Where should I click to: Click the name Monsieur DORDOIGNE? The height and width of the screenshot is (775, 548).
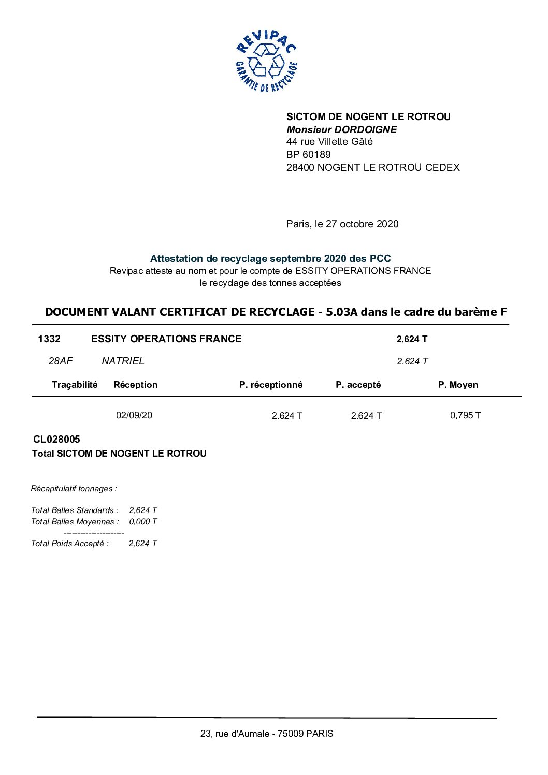(x=341, y=129)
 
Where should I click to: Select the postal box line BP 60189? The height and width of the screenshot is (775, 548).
(x=308, y=154)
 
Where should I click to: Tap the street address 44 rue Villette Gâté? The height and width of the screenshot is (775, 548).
(x=329, y=142)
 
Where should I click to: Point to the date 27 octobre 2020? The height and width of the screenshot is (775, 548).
(x=362, y=224)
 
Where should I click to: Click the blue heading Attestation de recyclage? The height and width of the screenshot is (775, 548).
(x=270, y=258)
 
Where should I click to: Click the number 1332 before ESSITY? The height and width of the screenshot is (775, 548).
(x=49, y=339)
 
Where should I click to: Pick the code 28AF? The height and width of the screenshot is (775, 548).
(x=61, y=361)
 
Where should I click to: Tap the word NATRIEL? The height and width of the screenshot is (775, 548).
(x=123, y=361)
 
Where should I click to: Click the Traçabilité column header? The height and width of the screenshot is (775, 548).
(x=75, y=384)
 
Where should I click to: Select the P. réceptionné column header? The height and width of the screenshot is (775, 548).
(x=271, y=384)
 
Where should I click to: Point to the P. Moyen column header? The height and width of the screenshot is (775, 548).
(x=458, y=384)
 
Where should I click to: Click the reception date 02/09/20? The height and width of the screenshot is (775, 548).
(x=134, y=415)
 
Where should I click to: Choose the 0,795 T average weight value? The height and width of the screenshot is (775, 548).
(x=465, y=415)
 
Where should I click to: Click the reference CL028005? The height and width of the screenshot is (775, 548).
(x=56, y=439)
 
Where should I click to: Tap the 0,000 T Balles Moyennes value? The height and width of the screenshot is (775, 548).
(x=143, y=521)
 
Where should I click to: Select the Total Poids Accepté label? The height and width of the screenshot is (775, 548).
(x=70, y=543)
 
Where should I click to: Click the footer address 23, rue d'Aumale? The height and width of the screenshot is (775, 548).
(x=267, y=734)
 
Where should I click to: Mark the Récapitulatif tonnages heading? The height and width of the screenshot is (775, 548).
(x=74, y=488)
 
